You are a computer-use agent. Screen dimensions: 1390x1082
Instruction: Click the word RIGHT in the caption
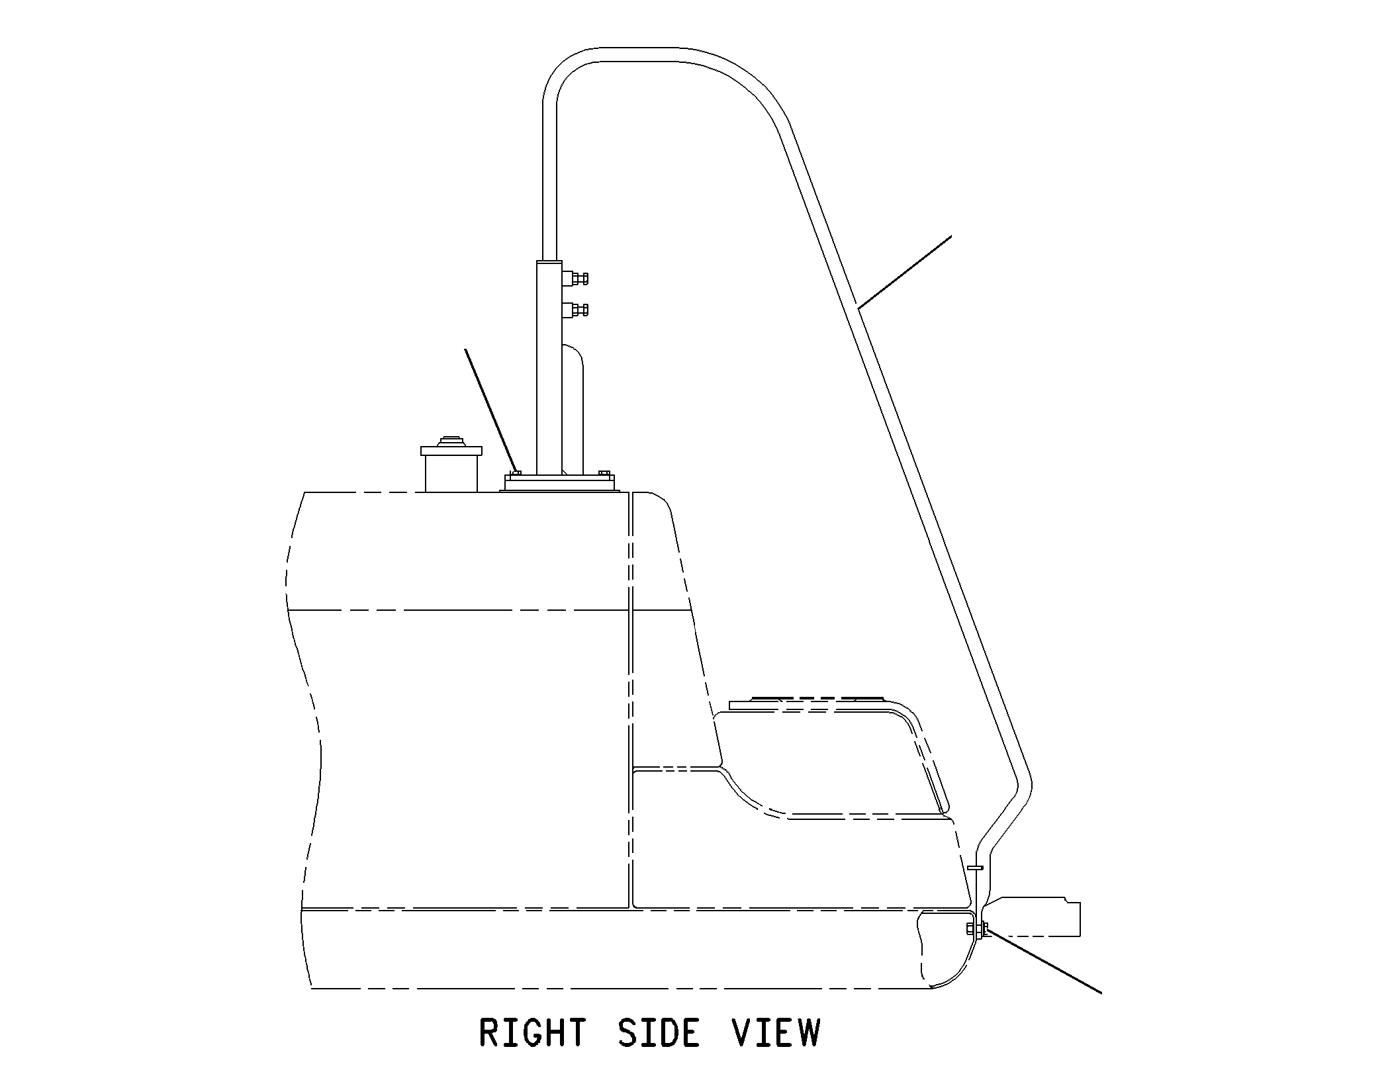point(533,1033)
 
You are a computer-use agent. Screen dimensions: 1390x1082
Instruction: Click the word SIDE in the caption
point(658,1033)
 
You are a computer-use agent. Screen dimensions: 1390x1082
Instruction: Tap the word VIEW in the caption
point(776,1033)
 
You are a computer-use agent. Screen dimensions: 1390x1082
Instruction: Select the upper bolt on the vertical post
point(575,279)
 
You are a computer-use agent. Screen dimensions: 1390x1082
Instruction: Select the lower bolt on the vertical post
point(575,309)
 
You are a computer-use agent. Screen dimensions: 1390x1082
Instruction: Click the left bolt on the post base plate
point(515,473)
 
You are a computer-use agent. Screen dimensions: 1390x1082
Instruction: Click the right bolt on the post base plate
point(603,473)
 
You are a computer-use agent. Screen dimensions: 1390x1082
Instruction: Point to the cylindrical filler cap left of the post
point(451,468)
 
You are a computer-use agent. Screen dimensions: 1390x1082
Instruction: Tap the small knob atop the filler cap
point(451,441)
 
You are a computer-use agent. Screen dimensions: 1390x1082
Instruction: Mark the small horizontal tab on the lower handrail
point(975,868)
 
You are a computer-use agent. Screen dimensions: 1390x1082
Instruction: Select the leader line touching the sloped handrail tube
point(904,272)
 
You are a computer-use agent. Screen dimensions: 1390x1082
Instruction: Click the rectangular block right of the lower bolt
point(1033,917)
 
